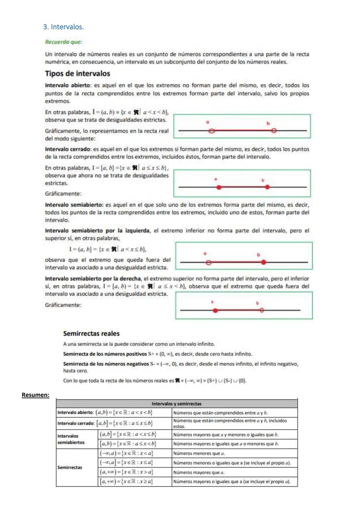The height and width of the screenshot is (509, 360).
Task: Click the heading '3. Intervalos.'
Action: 63,27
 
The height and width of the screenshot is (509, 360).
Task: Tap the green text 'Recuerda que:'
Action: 63,42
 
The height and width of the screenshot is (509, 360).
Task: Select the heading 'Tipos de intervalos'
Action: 77,74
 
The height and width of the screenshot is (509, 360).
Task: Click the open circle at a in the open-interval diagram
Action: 211,131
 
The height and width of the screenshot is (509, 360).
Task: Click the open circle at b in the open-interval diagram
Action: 274,131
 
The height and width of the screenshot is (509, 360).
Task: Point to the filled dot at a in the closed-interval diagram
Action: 219,188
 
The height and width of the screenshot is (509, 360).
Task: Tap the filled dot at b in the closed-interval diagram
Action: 267,187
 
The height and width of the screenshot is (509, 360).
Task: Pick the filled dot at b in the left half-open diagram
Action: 264,263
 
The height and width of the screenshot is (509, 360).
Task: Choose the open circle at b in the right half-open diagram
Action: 262,310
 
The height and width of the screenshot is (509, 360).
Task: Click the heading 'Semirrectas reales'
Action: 91,334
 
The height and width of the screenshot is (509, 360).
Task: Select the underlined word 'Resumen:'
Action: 35,395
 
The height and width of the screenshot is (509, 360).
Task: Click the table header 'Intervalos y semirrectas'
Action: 177,404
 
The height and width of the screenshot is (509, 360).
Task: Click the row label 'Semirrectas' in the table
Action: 70,468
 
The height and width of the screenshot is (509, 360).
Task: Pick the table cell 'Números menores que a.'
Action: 199,453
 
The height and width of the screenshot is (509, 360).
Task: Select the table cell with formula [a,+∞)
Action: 127,482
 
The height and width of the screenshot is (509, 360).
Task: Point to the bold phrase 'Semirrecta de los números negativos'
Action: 106,364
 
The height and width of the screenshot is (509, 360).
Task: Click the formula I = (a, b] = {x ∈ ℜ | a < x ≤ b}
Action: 108,249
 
